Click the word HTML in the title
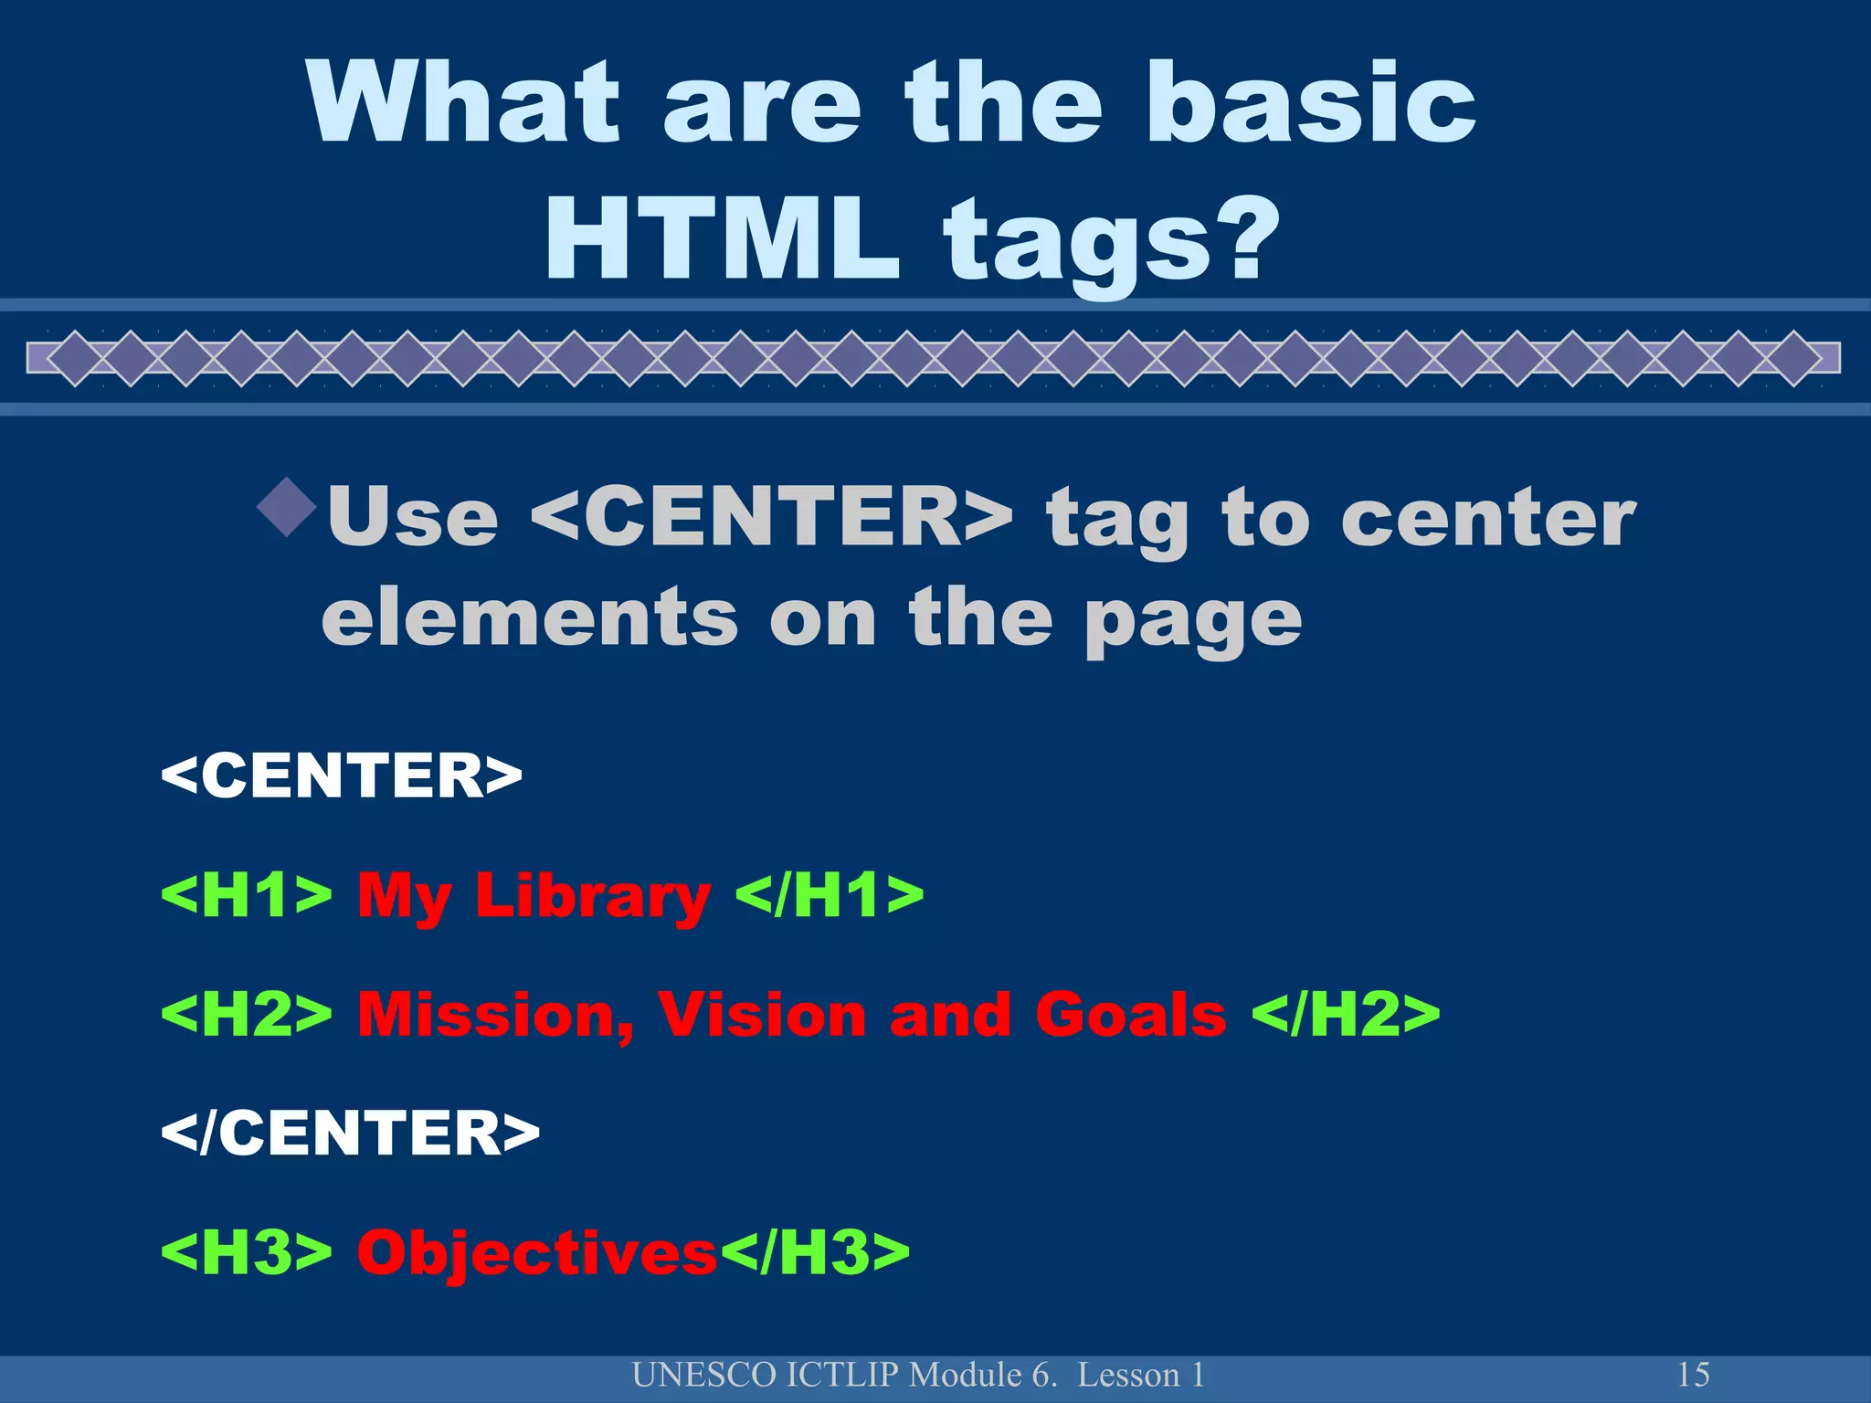[723, 239]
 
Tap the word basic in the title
[1311, 102]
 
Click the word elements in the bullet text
[530, 618]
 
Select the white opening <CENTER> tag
[341, 775]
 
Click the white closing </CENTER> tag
[350, 1133]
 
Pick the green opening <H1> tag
[246, 894]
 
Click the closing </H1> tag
[830, 894]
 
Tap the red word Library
[592, 896]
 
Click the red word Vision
[761, 1013]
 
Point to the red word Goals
[1130, 1014]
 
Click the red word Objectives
[537, 1251]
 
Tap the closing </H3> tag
[816, 1251]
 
